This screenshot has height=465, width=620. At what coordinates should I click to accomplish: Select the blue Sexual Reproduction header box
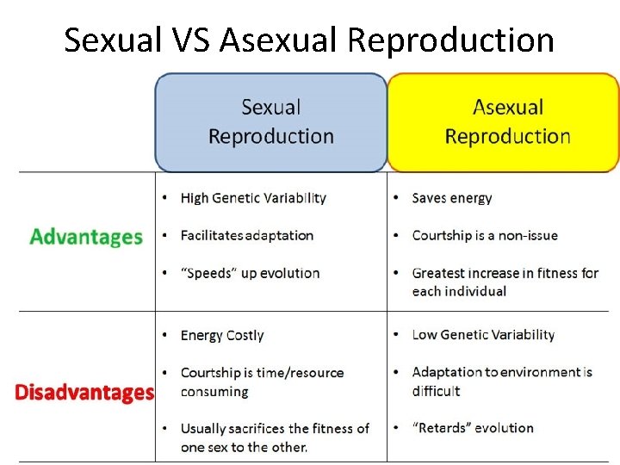[270, 122]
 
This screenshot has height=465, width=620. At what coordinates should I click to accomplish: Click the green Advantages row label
[86, 236]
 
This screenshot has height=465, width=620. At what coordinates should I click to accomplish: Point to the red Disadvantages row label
[84, 393]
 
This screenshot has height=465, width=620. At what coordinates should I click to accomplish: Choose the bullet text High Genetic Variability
[253, 198]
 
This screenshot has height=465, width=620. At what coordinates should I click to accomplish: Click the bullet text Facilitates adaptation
[246, 235]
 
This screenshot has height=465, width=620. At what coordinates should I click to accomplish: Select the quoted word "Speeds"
[208, 273]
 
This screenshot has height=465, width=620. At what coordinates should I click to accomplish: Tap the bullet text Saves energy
[452, 198]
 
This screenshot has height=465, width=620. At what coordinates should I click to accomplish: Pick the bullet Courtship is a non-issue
[485, 235]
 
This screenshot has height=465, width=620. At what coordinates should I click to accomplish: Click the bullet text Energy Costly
[222, 335]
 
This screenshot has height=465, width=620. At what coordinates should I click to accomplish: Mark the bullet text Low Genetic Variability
[483, 334]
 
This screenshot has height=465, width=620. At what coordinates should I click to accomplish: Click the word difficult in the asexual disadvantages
[437, 390]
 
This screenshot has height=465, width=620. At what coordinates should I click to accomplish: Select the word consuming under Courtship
[214, 391]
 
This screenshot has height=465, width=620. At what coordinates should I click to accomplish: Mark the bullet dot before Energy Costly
[164, 335]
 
